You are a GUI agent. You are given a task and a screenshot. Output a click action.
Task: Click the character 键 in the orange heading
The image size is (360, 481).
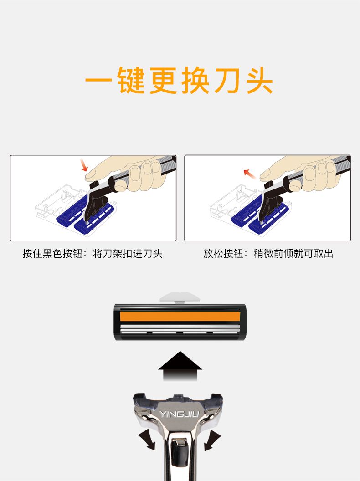point(131,80)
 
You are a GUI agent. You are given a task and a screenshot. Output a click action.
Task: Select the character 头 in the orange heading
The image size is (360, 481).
point(259,80)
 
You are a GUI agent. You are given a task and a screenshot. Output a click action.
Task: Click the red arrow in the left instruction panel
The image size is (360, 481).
point(84,165)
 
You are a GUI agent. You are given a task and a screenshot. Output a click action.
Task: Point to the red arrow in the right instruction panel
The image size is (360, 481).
point(250,174)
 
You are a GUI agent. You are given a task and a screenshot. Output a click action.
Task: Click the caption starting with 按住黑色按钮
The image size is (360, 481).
point(93,254)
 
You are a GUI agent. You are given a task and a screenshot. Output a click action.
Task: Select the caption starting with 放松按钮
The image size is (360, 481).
point(268,254)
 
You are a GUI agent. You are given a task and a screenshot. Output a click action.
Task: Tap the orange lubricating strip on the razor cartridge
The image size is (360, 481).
point(180,316)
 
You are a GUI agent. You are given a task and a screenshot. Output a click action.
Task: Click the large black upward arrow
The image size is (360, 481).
point(180,366)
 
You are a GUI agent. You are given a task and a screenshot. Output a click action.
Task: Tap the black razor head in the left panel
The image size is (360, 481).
point(97,202)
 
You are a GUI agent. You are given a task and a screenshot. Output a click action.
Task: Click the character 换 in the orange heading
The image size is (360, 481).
point(195,80)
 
